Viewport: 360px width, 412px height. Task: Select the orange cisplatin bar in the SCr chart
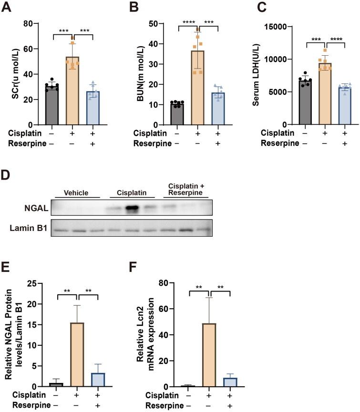pyautogui.click(x=72, y=90)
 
